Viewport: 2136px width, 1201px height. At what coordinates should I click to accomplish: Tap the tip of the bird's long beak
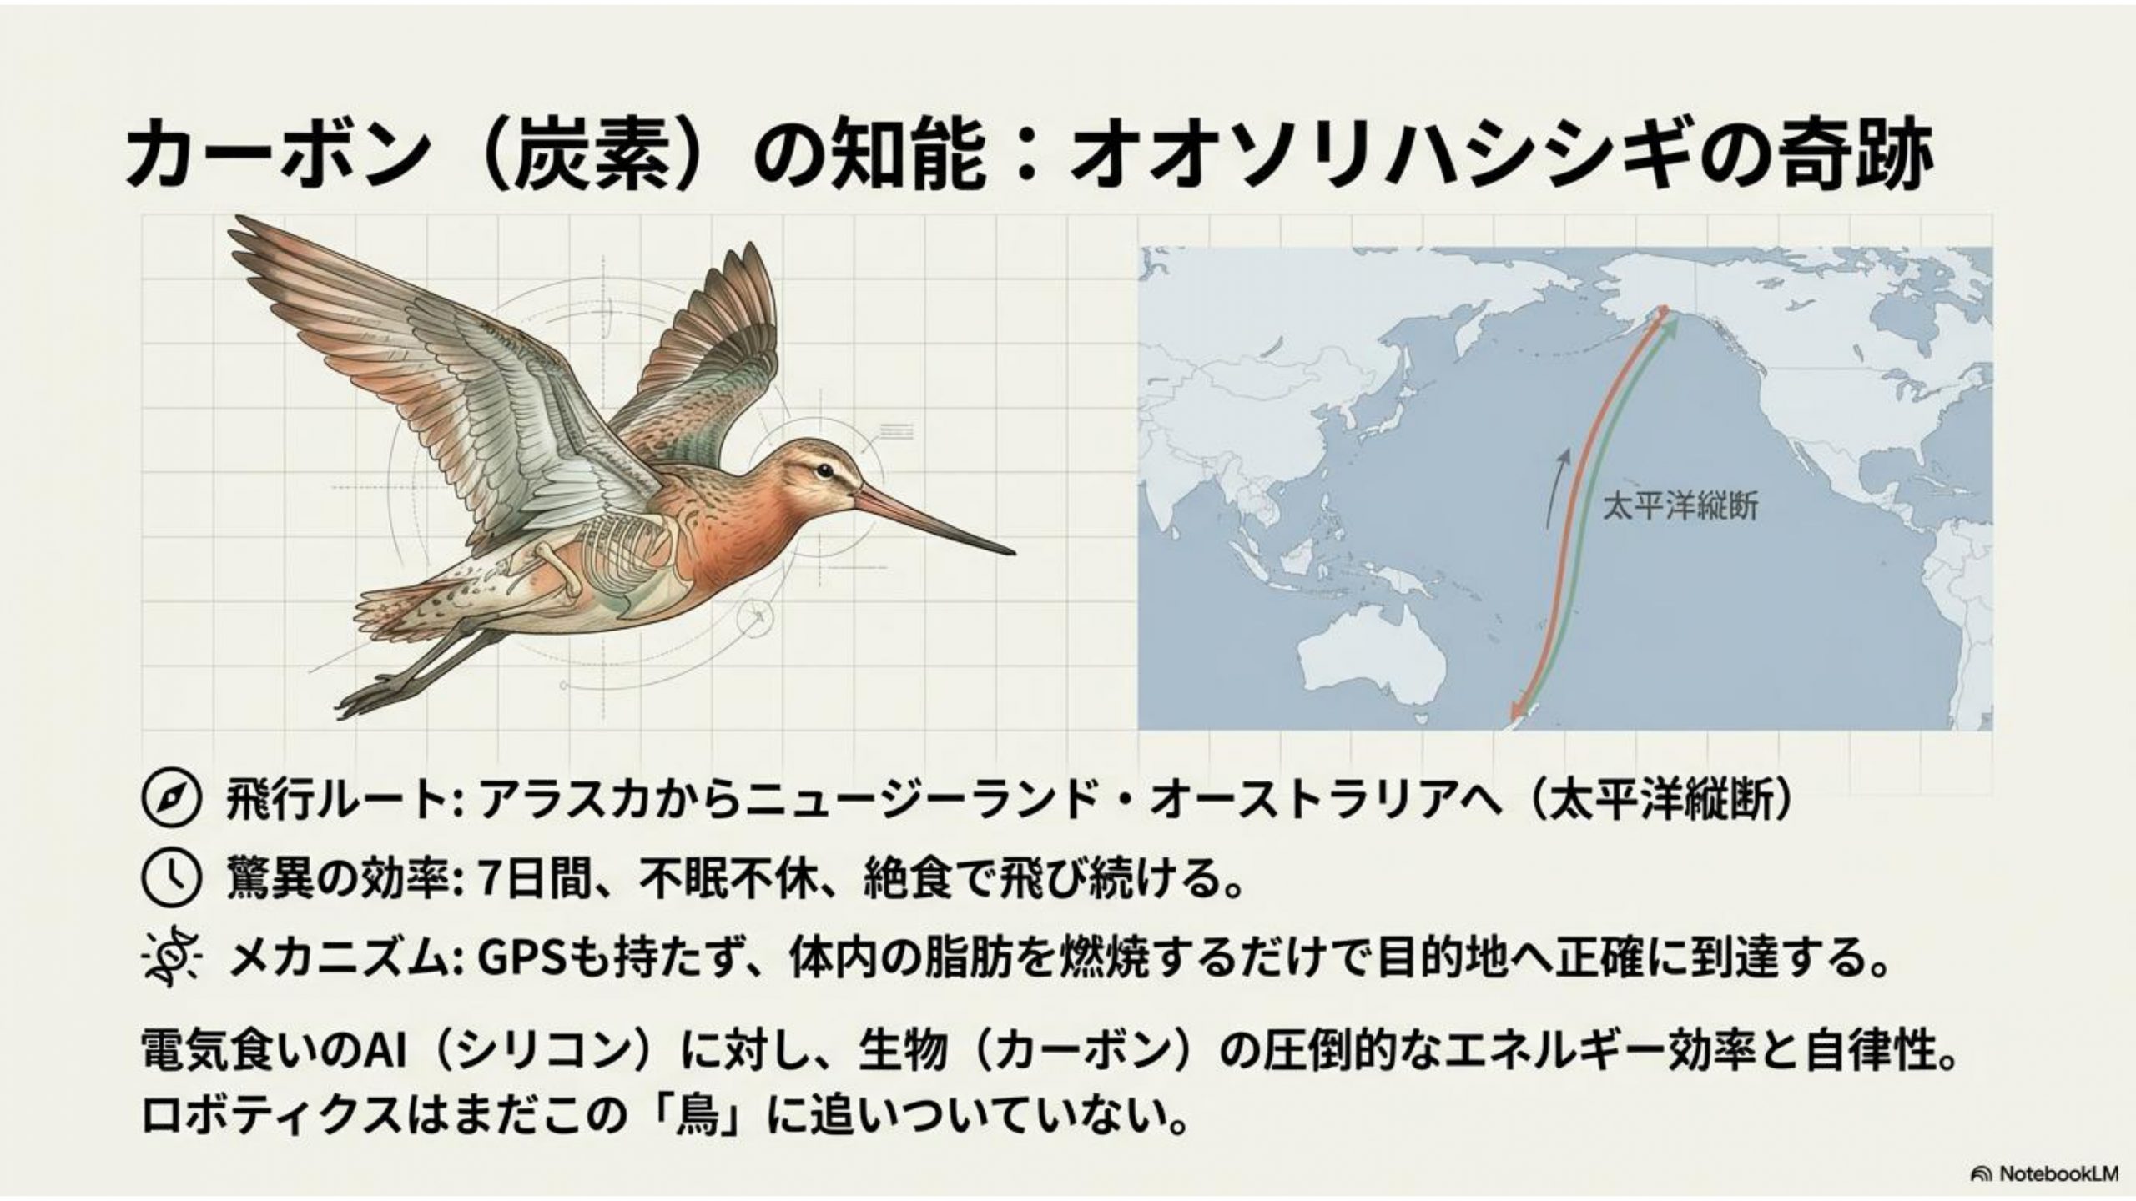click(x=1014, y=552)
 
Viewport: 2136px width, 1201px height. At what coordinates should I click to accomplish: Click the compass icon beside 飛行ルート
click(x=173, y=802)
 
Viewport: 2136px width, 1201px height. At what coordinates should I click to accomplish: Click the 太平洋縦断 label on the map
click(x=1680, y=507)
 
